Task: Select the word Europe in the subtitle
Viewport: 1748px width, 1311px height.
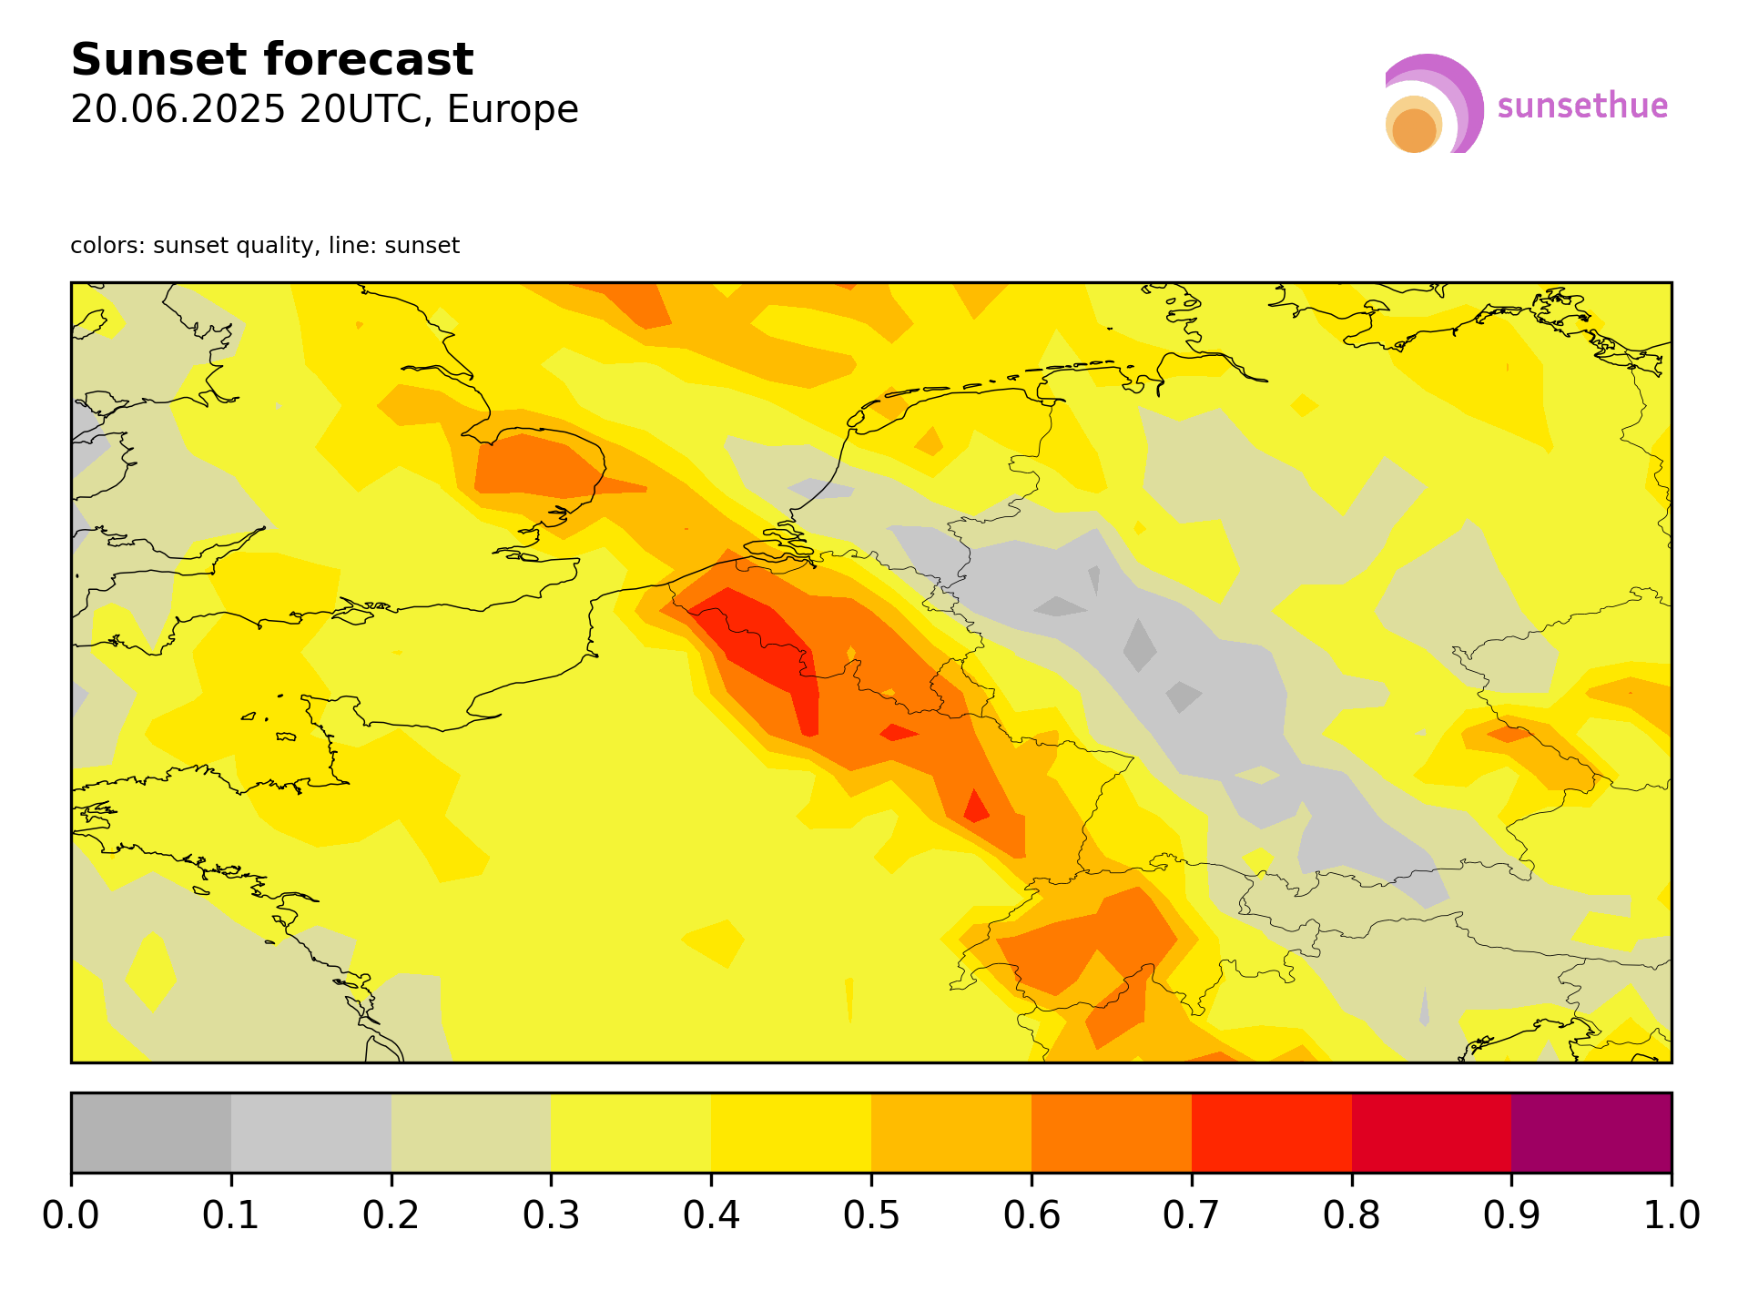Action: (x=513, y=110)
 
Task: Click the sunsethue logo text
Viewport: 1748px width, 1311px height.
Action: (x=1582, y=107)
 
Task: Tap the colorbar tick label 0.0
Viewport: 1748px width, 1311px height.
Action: (x=71, y=1215)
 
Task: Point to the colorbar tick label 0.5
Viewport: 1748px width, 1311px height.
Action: (x=871, y=1215)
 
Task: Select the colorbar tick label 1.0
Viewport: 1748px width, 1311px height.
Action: (x=1671, y=1215)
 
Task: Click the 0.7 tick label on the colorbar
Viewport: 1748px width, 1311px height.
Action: (x=1191, y=1215)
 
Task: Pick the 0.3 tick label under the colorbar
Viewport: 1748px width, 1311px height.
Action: (x=551, y=1215)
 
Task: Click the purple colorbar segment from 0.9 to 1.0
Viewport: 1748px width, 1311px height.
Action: (x=1590, y=1133)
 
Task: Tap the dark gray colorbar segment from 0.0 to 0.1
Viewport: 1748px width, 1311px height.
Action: (x=151, y=1133)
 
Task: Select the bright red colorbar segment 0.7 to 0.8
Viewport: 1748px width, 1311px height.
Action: (x=1271, y=1133)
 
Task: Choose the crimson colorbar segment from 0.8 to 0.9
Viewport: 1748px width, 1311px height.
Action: (x=1431, y=1133)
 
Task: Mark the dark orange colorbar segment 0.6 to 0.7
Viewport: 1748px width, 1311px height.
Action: (x=1111, y=1133)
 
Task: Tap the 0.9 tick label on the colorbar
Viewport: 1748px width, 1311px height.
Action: (x=1511, y=1215)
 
